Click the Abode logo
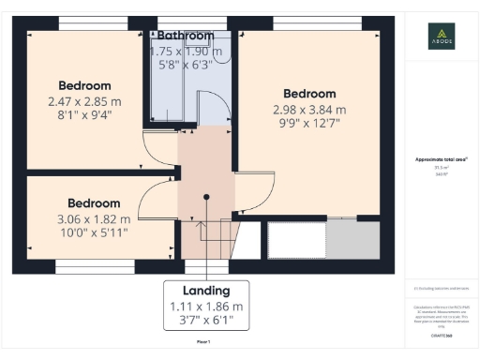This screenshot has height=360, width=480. point(442,35)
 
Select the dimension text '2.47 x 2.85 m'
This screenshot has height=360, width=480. point(84,101)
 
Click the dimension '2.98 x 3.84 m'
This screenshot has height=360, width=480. point(309,111)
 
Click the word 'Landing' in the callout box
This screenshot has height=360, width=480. point(207,290)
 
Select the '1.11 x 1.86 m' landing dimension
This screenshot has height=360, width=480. point(207,306)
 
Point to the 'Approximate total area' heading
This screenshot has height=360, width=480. point(441,159)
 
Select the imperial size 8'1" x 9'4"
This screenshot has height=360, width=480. point(84,117)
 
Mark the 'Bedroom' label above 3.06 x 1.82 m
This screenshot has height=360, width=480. point(94,202)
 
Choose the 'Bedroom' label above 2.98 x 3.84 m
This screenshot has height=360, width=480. point(309,94)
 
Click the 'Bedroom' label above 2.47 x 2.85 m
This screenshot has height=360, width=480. point(84,84)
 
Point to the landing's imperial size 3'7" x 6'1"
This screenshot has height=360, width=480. point(207,322)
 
